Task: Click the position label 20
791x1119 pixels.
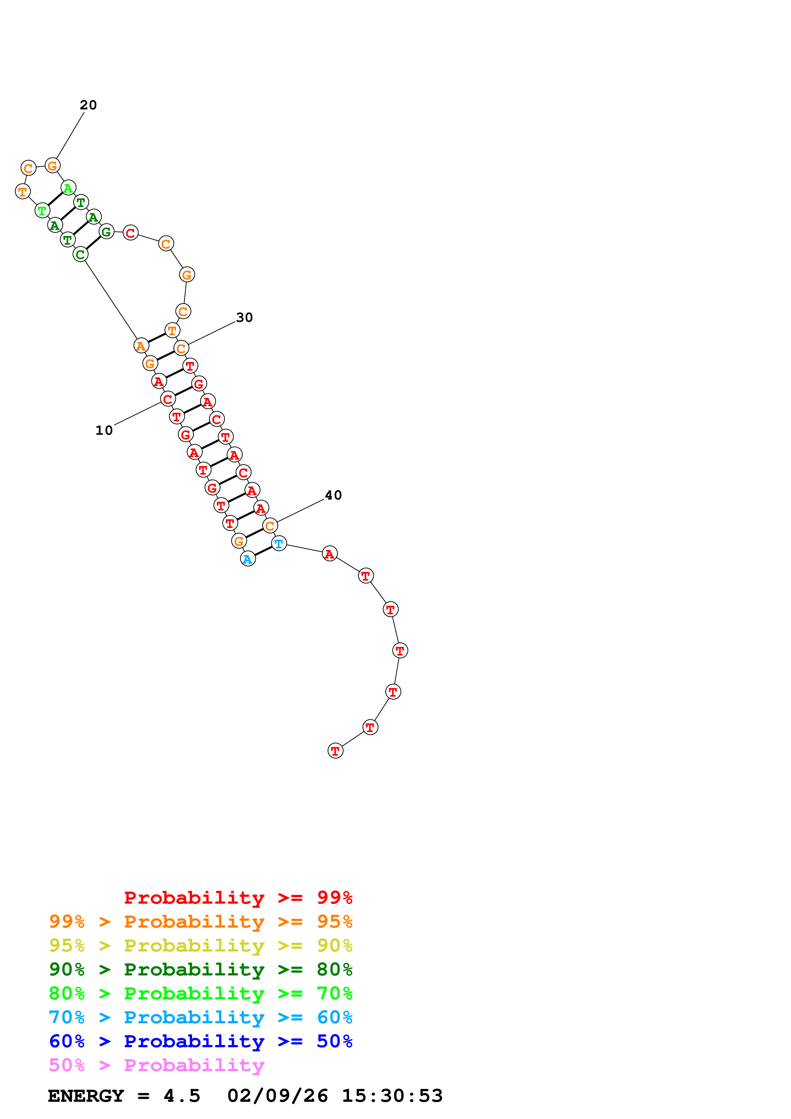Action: coord(88,105)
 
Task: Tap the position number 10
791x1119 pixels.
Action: coord(104,430)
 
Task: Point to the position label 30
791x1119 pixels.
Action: coord(244,318)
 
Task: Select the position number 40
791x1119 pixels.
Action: coord(333,495)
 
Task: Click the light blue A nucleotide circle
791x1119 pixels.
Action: coord(248,559)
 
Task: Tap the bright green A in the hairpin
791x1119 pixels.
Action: coord(68,188)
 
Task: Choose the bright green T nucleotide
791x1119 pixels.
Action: coord(42,211)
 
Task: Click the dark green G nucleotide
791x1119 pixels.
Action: coord(106,232)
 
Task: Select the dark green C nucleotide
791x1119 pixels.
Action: coord(80,254)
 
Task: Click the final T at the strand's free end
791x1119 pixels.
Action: coord(335,751)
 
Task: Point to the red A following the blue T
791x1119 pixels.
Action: coord(330,554)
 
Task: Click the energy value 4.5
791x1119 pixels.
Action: coord(182,1096)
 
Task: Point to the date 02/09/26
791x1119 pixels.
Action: coord(277,1096)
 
